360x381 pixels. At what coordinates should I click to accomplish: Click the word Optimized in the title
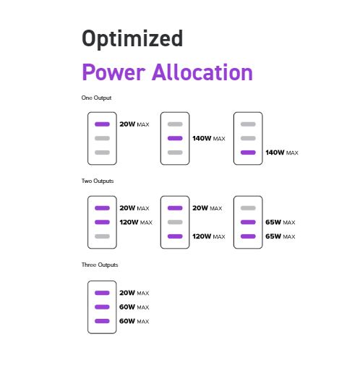point(132,38)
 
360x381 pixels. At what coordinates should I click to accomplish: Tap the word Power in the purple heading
point(113,72)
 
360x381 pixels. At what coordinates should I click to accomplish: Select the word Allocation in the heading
point(202,72)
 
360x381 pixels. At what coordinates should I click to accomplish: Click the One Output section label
point(96,98)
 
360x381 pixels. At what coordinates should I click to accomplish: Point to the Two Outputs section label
point(98,181)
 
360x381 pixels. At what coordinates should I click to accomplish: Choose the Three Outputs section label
point(100,265)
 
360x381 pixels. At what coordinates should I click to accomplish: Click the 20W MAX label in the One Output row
point(134,124)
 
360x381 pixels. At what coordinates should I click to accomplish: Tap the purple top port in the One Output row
point(102,124)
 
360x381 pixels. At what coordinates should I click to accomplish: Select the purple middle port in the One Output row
point(175,139)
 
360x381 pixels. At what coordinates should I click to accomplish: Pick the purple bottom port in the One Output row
point(248,153)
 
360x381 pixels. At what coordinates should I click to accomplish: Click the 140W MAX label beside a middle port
point(209,139)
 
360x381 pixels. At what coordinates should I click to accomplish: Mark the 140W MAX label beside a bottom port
point(282,153)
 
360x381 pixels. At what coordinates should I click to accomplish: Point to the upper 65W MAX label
point(280,223)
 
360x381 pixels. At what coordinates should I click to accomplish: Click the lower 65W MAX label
point(280,236)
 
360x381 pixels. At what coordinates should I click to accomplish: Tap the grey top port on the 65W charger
point(248,208)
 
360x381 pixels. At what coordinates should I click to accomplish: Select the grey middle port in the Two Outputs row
point(175,223)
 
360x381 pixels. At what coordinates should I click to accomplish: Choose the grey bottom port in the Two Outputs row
point(102,236)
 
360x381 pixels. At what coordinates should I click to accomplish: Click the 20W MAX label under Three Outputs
point(134,293)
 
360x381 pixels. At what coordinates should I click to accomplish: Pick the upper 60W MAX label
point(134,307)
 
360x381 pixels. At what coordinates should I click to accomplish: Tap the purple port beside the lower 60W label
point(102,321)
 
